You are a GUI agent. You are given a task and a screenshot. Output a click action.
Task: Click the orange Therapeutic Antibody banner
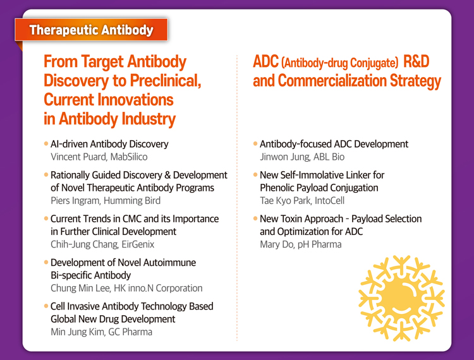point(91,30)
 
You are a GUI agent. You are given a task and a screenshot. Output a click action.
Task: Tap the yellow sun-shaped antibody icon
point(401,298)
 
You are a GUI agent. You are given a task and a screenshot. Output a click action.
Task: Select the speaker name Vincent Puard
point(78,157)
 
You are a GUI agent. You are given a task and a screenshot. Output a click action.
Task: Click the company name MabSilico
point(129,157)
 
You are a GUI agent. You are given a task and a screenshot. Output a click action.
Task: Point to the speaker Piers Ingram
point(75,201)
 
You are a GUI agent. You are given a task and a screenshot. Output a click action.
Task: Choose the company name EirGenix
point(138,244)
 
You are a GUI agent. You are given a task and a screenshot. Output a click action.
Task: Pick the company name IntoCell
point(329,201)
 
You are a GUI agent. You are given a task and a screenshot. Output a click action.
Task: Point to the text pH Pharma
point(320,244)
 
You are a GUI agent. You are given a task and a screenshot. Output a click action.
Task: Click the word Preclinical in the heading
point(166,81)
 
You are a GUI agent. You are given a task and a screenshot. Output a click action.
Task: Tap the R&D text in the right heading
point(416,62)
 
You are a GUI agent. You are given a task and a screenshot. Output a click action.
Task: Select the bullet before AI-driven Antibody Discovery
point(46,143)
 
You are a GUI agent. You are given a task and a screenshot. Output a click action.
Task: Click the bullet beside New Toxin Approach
point(255,218)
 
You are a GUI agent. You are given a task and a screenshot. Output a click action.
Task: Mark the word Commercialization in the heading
point(332,81)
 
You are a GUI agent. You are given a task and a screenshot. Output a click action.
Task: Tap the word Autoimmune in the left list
point(169,263)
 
